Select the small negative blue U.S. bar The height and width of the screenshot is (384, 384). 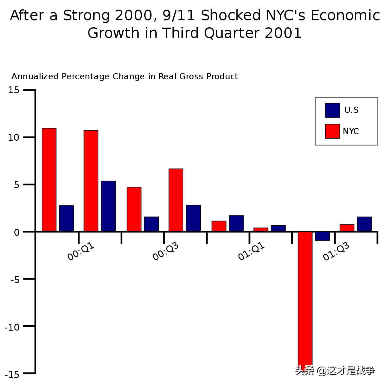[322, 236]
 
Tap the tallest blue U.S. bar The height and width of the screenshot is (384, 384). [108, 206]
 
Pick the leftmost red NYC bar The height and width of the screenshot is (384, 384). [49, 180]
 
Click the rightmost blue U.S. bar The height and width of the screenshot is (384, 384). [364, 224]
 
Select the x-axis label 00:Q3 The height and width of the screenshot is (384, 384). [166, 251]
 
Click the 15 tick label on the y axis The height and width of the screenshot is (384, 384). [13, 90]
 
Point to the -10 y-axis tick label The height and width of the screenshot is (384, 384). [12, 327]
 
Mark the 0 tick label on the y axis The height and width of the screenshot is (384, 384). [16, 232]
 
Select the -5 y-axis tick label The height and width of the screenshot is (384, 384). [14, 280]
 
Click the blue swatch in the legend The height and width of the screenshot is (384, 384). [332, 110]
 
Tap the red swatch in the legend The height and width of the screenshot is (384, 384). [332, 131]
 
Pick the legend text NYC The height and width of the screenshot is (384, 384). [351, 131]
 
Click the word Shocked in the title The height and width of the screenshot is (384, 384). [230, 16]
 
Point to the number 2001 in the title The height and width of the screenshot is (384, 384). [283, 33]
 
